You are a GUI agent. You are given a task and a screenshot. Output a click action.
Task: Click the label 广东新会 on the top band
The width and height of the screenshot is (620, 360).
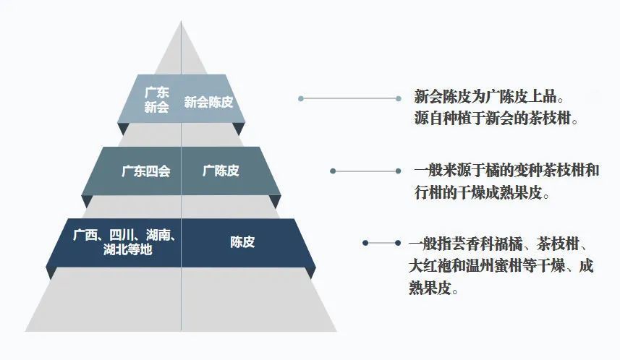[156, 100]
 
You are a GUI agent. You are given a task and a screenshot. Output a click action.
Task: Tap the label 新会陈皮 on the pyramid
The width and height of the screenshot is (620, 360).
[208, 102]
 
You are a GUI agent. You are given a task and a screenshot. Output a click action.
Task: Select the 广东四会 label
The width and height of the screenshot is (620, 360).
[146, 171]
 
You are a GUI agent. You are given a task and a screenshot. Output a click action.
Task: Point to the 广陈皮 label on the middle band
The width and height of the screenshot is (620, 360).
[221, 171]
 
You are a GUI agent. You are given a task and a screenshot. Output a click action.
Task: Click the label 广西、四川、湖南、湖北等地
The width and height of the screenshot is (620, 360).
[124, 242]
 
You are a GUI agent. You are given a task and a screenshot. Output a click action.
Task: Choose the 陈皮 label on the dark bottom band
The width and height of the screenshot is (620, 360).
[242, 242]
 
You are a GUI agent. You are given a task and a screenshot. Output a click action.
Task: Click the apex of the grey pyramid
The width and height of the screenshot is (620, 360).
[181, 21]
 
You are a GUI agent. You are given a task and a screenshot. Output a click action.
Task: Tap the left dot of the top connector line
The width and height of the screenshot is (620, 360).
[301, 98]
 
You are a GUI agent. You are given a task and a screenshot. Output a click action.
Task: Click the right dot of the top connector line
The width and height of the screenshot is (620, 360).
[399, 98]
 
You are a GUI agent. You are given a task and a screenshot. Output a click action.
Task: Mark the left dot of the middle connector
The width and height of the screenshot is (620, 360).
[333, 171]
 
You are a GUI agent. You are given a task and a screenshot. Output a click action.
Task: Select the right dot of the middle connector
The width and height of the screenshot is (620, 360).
[398, 171]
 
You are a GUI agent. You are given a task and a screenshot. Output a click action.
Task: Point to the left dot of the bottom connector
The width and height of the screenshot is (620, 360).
[365, 243]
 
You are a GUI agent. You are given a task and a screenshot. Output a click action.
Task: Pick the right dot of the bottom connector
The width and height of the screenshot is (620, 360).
[398, 243]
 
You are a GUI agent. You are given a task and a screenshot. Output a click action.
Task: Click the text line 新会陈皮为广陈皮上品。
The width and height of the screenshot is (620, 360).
[489, 96]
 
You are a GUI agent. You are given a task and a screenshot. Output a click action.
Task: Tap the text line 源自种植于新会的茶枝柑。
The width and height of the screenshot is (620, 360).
[496, 118]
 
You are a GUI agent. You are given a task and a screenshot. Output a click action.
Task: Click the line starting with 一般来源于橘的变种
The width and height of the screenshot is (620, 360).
[506, 171]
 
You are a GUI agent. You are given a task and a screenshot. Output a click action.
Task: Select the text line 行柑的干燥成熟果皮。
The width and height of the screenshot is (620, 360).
[482, 193]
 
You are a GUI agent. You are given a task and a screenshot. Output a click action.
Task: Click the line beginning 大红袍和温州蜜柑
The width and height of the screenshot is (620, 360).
[501, 266]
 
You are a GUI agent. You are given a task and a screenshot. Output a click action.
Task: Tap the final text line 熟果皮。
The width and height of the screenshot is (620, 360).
[434, 288]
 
